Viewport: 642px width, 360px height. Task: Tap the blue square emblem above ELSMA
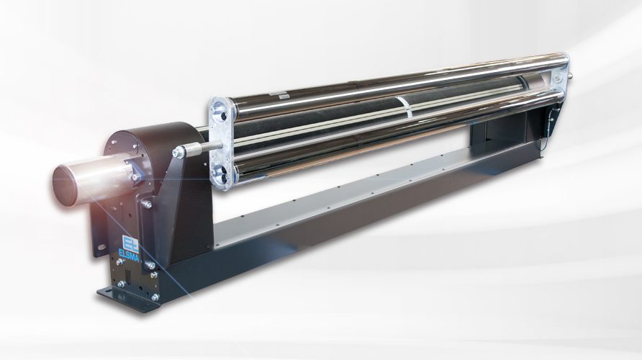[x=132, y=242]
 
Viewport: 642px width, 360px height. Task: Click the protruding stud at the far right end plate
[x=570, y=75]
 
